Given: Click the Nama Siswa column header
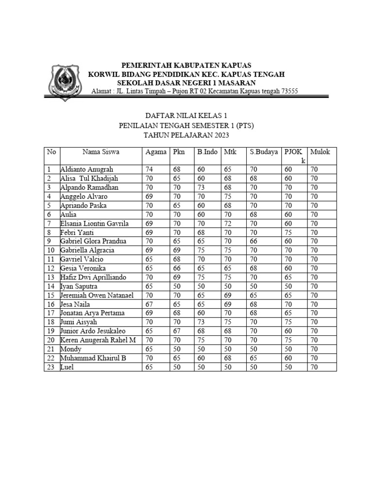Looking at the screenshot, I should click(101, 152).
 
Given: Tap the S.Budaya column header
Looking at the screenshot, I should click(264, 152).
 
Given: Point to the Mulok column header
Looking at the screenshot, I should click(320, 152).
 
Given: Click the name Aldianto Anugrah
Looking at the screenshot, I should click(87, 169).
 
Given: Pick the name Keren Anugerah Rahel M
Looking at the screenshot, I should click(98, 340).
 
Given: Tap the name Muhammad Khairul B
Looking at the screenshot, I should click(93, 358).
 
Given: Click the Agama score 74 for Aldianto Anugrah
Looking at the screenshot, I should click(150, 169).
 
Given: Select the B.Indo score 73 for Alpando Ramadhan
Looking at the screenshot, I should click(202, 187).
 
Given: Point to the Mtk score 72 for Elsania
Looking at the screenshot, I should click(228, 223).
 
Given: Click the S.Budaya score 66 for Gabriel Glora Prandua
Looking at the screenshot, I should click(254, 241).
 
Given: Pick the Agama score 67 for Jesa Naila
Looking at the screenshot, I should click(150, 304).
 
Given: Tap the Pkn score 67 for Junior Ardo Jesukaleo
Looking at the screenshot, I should click(176, 331).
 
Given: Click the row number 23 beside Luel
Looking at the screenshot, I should click(50, 367).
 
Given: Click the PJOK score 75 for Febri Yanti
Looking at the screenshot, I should click(288, 232).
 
